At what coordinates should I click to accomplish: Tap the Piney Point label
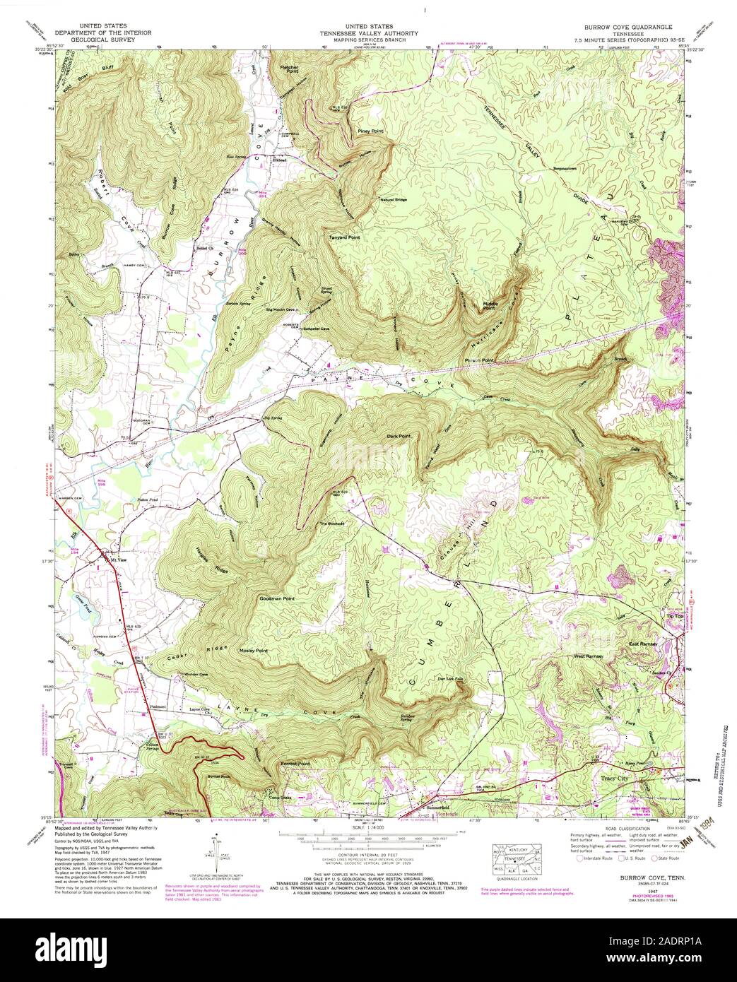click(370, 131)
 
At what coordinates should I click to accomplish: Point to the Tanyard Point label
click(344, 237)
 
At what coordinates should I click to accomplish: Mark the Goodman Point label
click(277, 598)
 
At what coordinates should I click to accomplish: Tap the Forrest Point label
click(295, 764)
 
